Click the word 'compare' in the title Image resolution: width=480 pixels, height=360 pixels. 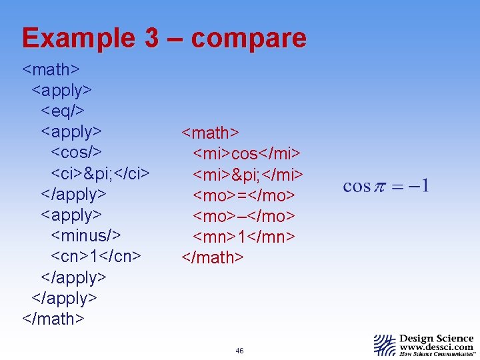tap(249, 39)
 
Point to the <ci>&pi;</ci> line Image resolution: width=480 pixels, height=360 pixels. tap(100, 173)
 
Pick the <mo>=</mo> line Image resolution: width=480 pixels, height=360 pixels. tap(244, 195)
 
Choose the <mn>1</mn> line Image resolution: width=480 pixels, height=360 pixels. tap(244, 237)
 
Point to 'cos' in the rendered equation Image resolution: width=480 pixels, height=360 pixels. tap(357, 186)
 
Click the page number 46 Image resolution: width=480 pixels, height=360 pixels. tap(239, 351)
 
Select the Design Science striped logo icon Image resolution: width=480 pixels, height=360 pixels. tap(385, 345)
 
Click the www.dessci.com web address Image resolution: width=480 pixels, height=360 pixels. tap(436, 347)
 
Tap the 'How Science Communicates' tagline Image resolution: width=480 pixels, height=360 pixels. tap(436, 355)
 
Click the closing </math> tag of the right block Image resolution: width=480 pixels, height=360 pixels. tap(213, 257)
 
